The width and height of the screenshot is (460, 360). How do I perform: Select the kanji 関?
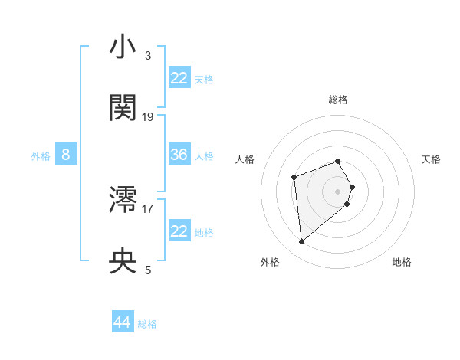(x=123, y=108)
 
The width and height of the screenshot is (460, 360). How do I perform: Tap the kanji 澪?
(x=123, y=201)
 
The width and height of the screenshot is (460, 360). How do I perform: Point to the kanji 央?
(x=123, y=261)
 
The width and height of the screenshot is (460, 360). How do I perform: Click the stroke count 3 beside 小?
(x=148, y=56)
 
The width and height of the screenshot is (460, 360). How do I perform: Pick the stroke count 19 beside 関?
(x=148, y=117)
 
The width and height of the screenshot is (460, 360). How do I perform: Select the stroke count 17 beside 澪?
(x=148, y=208)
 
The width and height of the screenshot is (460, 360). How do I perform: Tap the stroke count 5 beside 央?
(x=148, y=270)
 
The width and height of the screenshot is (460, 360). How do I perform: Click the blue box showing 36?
(x=179, y=155)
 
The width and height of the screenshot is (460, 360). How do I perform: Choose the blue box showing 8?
(x=66, y=155)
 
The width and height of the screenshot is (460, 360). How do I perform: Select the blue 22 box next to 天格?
(x=179, y=77)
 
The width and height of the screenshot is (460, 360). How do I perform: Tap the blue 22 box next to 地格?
(x=179, y=231)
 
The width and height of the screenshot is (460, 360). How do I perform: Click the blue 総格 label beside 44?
(x=147, y=324)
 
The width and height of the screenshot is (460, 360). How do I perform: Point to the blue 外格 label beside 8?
(x=41, y=156)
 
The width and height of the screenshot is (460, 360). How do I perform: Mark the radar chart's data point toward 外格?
(x=302, y=242)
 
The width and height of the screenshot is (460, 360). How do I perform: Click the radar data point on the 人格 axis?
(x=294, y=178)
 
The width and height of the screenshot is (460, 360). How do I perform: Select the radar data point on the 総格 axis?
(x=338, y=161)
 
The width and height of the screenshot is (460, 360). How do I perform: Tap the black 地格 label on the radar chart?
(x=402, y=262)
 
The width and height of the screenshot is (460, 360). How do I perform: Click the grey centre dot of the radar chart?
(x=338, y=191)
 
